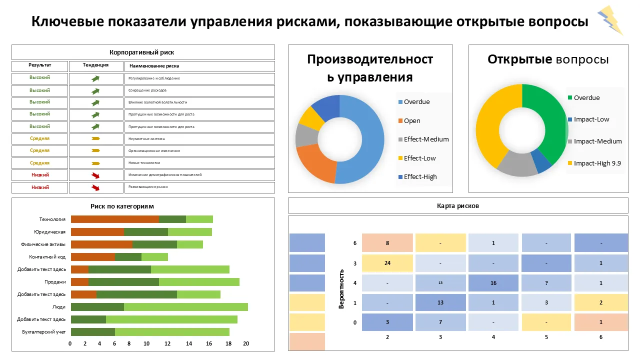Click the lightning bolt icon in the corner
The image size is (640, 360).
[610, 20]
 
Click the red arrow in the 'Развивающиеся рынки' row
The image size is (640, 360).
[95, 187]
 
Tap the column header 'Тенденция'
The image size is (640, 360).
[95, 65]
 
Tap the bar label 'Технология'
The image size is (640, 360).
[52, 219]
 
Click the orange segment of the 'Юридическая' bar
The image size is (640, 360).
[97, 231]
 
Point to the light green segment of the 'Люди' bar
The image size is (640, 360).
[185, 307]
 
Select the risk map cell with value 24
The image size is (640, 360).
[387, 263]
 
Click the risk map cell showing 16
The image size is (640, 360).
[493, 283]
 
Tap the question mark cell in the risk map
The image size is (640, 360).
[546, 283]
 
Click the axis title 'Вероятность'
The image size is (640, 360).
[342, 289]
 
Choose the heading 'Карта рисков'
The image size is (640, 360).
[458, 205]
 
